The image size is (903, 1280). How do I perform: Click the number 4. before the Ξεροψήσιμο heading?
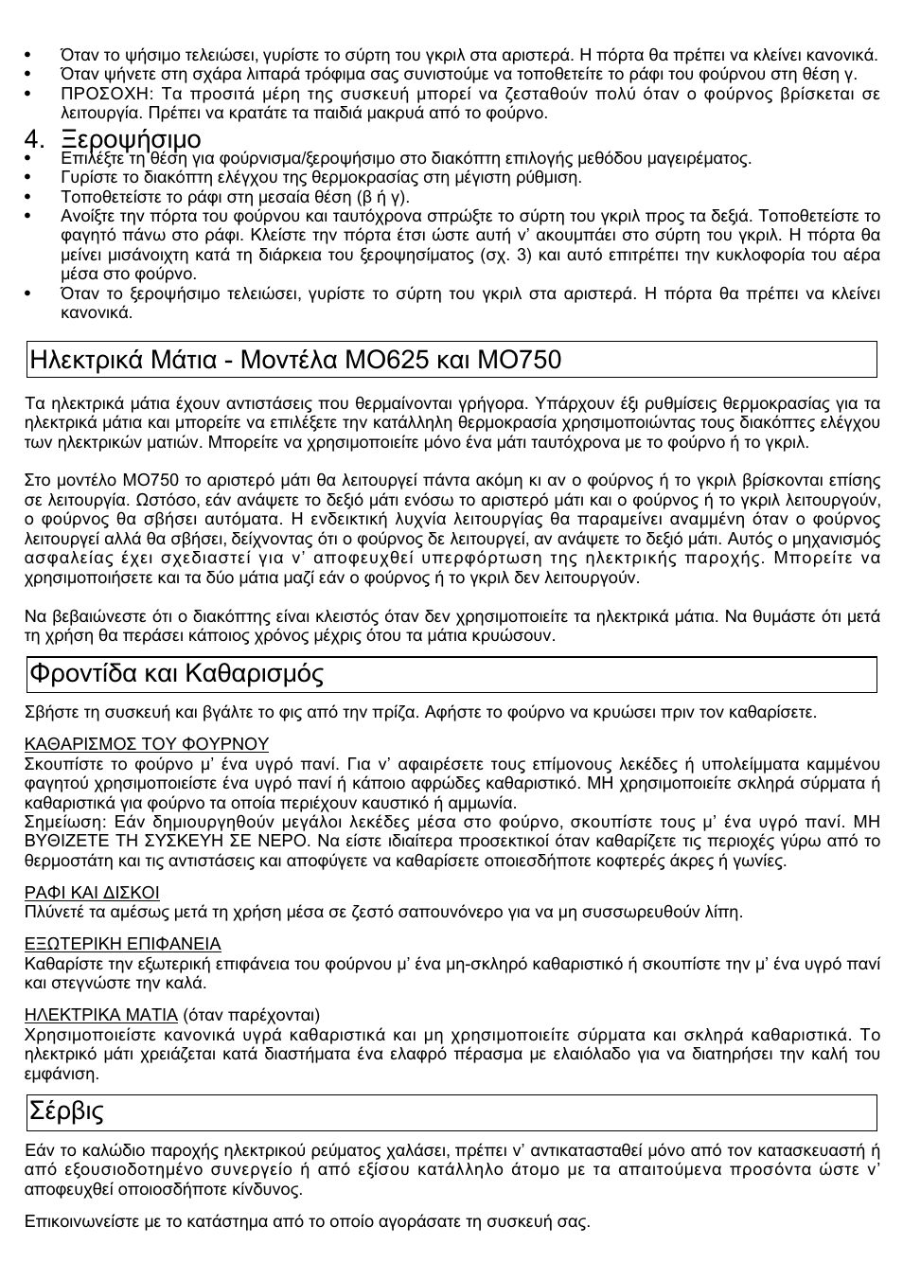[x=35, y=139]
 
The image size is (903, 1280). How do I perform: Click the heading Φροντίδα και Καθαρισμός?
[x=177, y=674]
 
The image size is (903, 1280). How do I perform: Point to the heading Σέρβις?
[x=66, y=1111]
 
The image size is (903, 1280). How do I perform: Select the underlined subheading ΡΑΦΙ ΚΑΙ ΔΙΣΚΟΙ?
[x=92, y=893]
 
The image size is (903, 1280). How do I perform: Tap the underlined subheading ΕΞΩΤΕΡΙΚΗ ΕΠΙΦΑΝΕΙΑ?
[x=122, y=944]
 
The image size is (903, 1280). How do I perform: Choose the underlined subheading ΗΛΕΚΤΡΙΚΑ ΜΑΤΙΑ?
[x=101, y=1016]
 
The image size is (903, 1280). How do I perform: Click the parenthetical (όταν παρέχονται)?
[x=251, y=1016]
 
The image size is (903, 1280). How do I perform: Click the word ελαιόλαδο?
[x=620, y=1055]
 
